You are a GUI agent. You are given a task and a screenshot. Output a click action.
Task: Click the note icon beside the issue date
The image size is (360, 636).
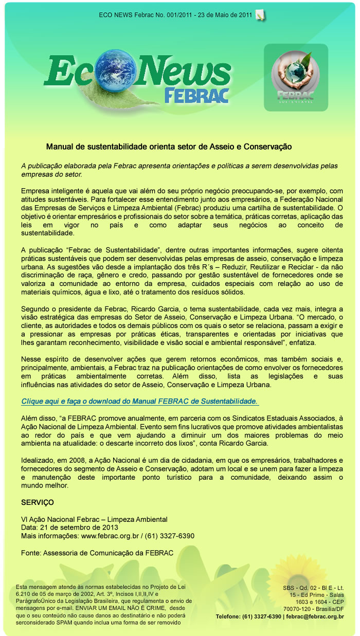tap(260, 14)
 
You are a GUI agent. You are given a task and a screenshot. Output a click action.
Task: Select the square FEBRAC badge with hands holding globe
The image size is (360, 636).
tap(296, 77)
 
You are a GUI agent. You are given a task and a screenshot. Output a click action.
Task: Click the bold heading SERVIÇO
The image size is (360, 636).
tap(37, 502)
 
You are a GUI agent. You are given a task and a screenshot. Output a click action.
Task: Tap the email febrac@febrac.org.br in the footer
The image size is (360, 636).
tap(315, 616)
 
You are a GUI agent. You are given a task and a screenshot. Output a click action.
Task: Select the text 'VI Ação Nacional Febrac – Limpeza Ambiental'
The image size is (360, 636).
tap(94, 519)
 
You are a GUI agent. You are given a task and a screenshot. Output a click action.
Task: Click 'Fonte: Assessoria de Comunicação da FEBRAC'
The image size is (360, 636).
tap(97, 553)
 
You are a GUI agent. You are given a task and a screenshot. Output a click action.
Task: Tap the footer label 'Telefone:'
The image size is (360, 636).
tap(230, 616)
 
